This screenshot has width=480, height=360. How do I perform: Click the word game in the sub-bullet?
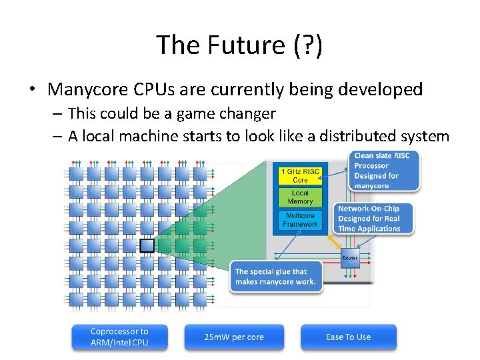197,114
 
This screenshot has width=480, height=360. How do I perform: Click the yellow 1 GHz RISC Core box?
300,176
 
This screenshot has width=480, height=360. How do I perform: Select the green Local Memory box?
300,197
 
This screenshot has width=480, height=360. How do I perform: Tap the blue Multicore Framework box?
300,220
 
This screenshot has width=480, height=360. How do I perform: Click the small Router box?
350,258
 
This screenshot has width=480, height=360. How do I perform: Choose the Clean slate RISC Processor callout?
386,171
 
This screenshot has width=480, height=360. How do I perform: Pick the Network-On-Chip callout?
374,219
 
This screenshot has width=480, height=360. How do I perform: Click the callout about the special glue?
275,277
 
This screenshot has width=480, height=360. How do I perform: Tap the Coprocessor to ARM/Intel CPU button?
120,337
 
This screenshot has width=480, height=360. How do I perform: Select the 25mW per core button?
234,337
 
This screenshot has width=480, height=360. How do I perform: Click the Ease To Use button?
348,337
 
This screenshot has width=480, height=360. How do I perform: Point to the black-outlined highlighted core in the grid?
147,246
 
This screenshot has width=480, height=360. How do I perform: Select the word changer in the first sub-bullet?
250,114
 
